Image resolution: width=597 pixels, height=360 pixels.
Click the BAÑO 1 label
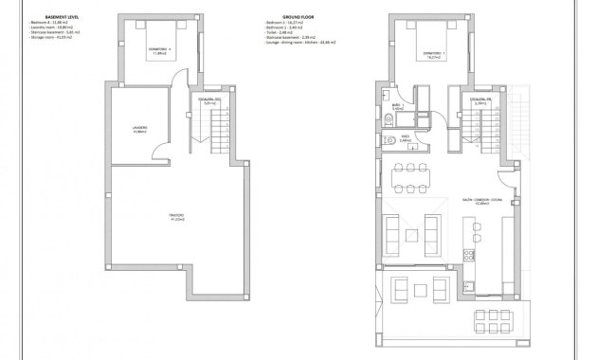[x=398, y=107]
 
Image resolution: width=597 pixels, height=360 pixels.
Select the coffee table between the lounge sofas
[x=416, y=228]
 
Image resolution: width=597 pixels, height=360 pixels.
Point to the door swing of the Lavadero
[x=164, y=152]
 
